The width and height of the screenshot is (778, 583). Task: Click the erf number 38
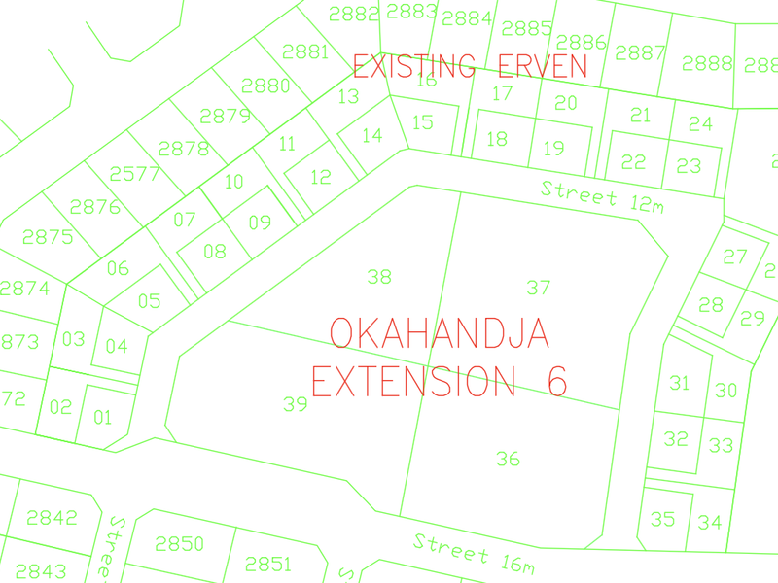click(x=379, y=277)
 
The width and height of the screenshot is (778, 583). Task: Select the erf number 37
click(x=539, y=287)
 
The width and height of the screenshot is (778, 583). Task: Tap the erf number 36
click(x=508, y=459)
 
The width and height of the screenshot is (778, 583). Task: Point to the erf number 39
click(x=296, y=404)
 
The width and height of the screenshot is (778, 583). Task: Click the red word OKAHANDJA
click(x=440, y=333)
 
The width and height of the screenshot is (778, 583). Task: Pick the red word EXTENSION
click(x=413, y=381)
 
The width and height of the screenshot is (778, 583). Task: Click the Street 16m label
click(x=474, y=553)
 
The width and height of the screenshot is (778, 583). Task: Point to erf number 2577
click(x=134, y=174)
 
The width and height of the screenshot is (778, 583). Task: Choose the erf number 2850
click(x=180, y=543)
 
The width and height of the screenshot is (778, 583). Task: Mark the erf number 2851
click(x=268, y=564)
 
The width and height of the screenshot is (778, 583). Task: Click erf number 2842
click(x=52, y=517)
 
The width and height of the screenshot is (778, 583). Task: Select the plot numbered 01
click(x=102, y=419)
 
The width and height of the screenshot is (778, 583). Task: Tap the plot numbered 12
click(x=321, y=177)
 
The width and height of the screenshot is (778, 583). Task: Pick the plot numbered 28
click(x=711, y=305)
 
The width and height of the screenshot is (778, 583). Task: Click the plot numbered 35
click(x=662, y=519)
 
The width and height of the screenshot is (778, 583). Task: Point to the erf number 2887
click(x=641, y=53)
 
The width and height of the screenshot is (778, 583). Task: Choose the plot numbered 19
click(x=553, y=149)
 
